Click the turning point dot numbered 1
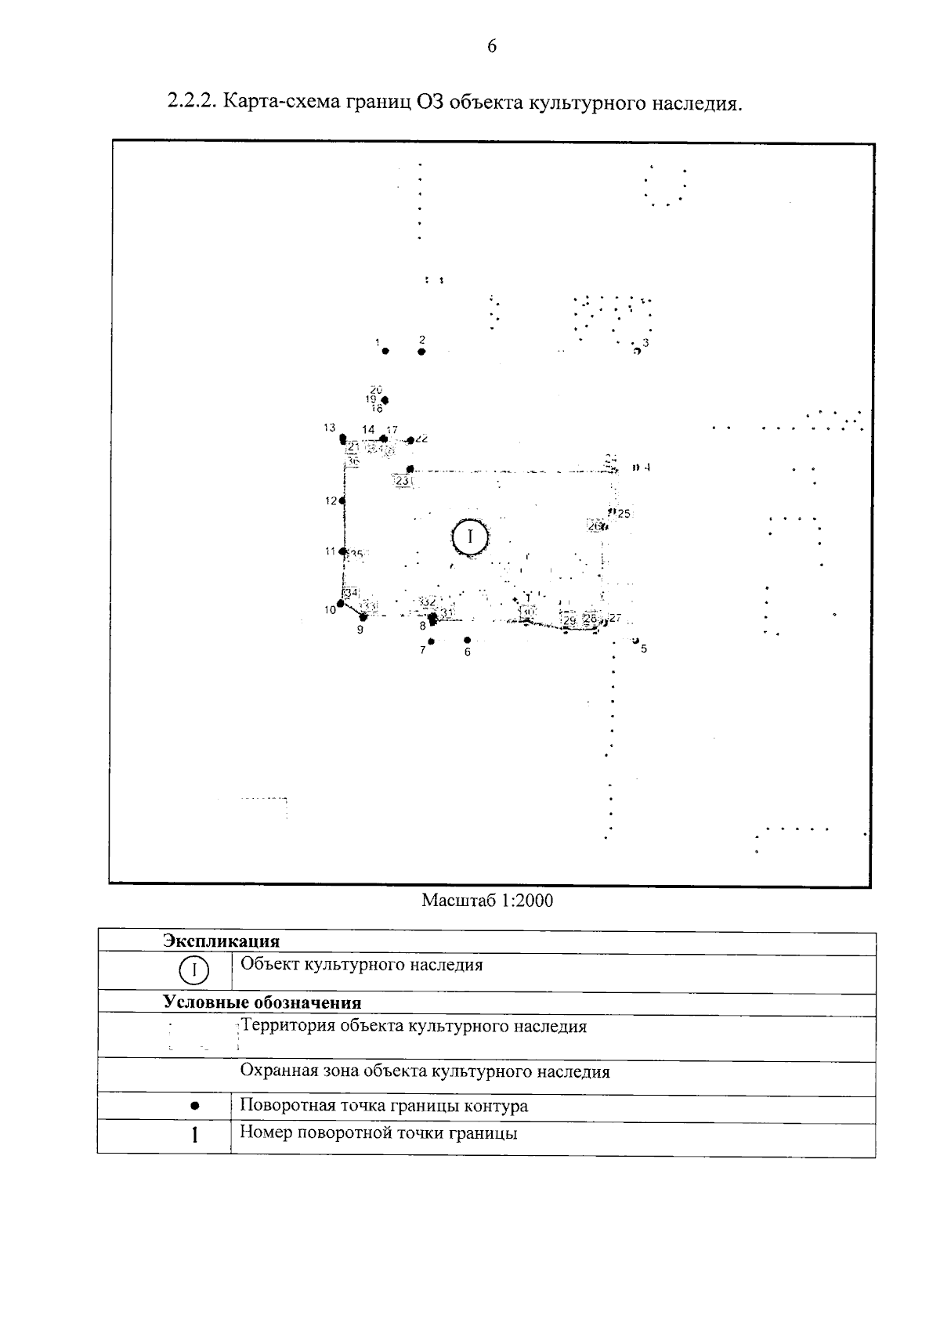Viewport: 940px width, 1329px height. (x=385, y=351)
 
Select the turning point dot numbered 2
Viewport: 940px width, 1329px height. (x=421, y=352)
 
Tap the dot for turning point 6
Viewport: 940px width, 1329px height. (x=467, y=640)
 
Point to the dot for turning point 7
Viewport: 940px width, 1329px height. (x=431, y=641)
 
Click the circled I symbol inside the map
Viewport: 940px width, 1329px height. (x=470, y=537)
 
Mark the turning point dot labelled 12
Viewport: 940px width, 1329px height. (x=343, y=500)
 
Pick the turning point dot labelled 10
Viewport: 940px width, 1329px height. (x=340, y=603)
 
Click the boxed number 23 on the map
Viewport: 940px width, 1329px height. (x=403, y=481)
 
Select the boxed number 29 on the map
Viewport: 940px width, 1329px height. (x=570, y=620)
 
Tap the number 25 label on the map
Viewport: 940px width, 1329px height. (x=624, y=514)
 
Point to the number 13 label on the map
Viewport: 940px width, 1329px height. (x=329, y=428)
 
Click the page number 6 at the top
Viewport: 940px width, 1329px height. (x=492, y=46)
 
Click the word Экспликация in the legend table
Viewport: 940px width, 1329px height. (x=221, y=941)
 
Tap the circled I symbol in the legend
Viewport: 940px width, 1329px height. (x=194, y=970)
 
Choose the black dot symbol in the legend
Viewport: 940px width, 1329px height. (x=194, y=1106)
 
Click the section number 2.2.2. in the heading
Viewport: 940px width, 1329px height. (x=193, y=103)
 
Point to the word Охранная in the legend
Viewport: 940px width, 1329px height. (x=276, y=1071)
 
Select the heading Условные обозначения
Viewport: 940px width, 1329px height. (x=262, y=1003)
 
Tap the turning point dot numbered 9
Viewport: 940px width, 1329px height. (x=363, y=617)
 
